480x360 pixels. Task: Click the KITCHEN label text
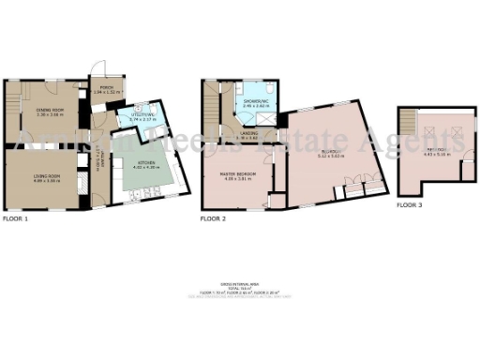136,164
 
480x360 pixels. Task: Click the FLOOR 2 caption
214,218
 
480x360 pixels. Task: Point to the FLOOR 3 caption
409,203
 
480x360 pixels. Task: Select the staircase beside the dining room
11,97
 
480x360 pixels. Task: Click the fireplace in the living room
5,178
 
